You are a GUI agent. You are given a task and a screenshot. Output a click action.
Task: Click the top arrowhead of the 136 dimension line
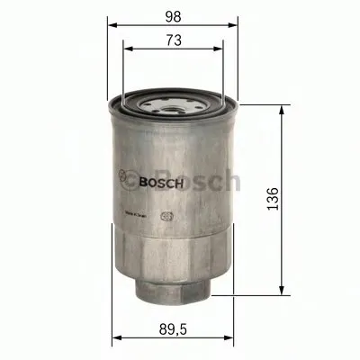pyautogui.click(x=285, y=106)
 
